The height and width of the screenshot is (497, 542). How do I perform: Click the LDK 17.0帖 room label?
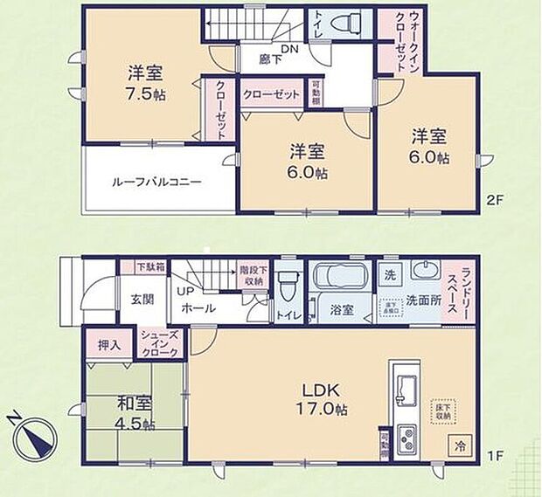click(327, 398)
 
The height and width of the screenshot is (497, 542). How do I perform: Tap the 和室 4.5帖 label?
click(135, 414)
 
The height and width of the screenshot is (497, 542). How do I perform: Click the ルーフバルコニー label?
click(156, 183)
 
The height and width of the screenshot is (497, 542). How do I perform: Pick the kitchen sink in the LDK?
click(406, 385)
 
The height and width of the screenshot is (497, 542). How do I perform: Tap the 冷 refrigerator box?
click(461, 444)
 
